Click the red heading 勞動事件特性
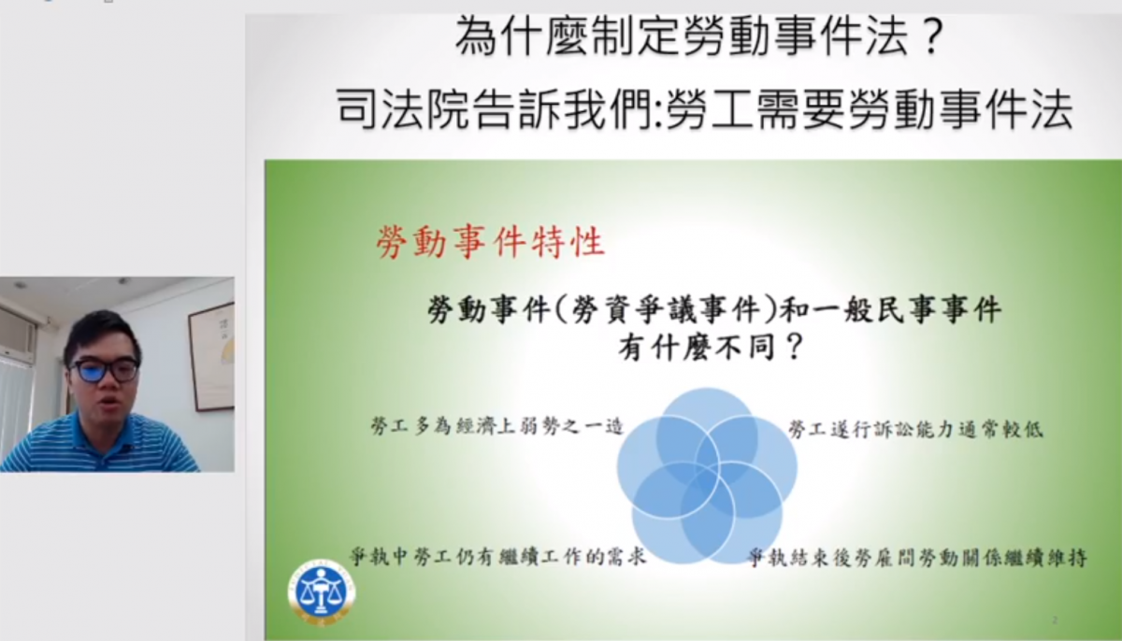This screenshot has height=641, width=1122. (491, 242)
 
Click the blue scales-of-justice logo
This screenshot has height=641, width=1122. (321, 592)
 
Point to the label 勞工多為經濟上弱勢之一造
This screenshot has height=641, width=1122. (496, 426)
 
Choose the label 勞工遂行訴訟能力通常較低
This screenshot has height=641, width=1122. (915, 429)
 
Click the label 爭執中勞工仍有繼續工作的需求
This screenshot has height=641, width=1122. (497, 556)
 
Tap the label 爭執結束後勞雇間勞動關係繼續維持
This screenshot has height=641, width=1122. (917, 558)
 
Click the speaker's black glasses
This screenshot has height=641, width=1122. (104, 370)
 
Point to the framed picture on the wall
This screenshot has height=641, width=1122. (211, 356)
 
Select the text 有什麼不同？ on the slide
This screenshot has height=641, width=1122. (712, 347)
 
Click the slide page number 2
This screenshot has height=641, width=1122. (1055, 620)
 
